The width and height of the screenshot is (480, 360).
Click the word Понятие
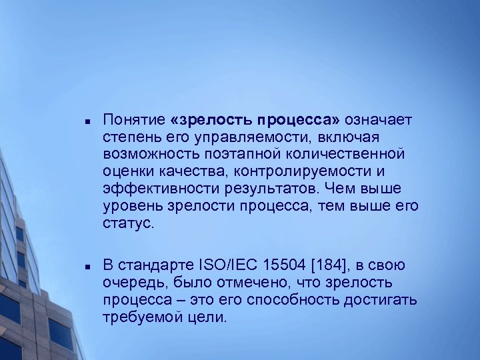pyautogui.click(x=134, y=120)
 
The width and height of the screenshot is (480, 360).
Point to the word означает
pyautogui.click(x=379, y=120)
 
